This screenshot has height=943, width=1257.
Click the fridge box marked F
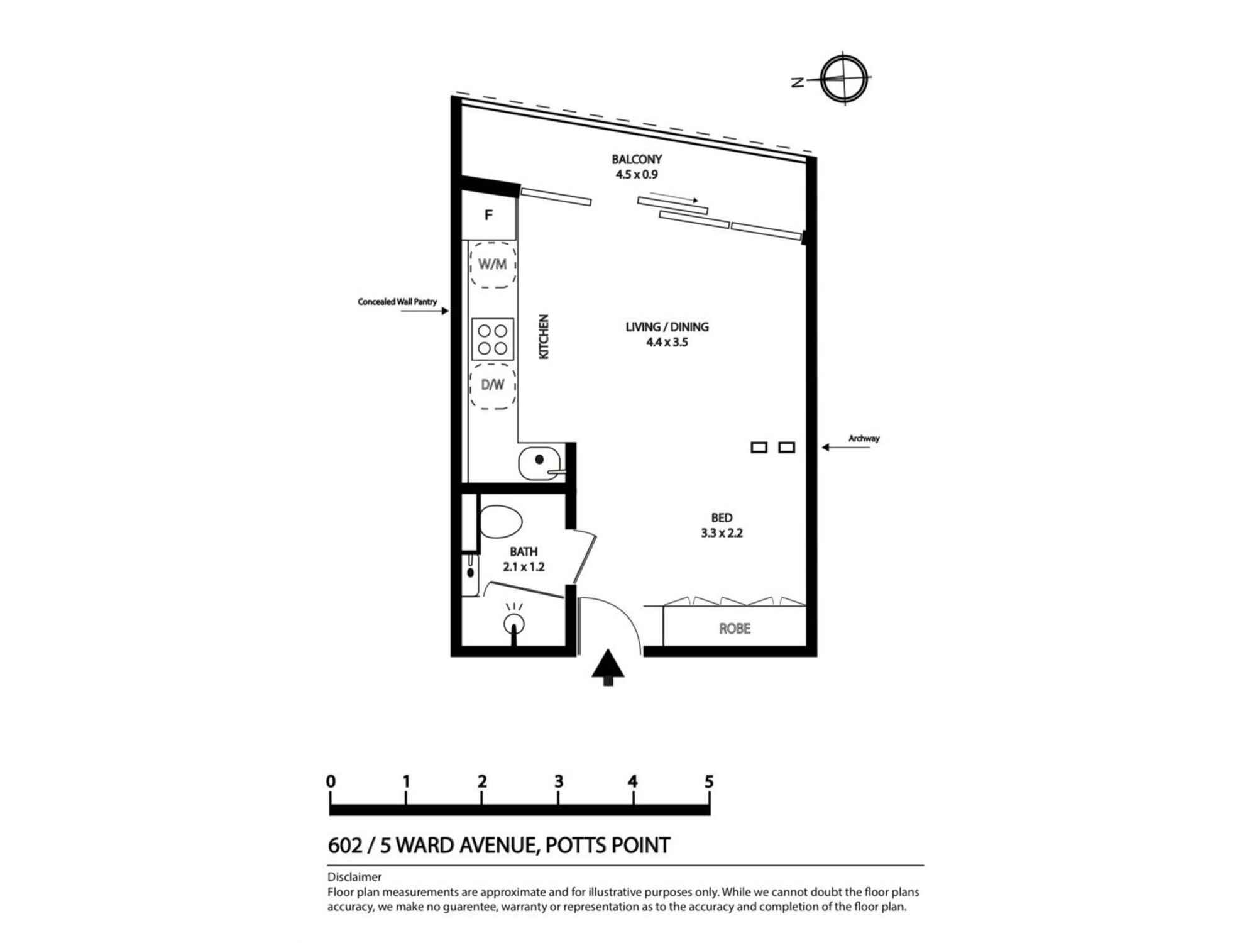coord(489,216)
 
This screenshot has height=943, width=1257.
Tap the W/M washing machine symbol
coord(493,265)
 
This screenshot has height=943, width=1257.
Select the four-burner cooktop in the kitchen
coord(493,339)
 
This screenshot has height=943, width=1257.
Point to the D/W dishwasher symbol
coord(493,385)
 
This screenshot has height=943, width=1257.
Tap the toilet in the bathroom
coord(501,522)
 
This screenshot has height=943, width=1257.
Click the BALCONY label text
coord(637,160)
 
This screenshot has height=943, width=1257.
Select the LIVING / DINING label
coord(667,327)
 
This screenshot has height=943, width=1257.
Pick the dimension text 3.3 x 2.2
coord(722,533)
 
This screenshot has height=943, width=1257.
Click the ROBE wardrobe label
coord(734,629)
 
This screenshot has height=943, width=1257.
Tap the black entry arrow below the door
coord(608,668)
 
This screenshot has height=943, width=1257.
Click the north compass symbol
coord(844,79)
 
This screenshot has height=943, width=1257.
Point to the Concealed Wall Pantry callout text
coord(397,302)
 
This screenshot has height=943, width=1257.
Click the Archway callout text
coord(864,438)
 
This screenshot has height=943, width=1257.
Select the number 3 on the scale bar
coord(558,781)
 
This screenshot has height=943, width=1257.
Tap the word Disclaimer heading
coord(354,877)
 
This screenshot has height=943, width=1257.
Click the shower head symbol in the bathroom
coord(514,623)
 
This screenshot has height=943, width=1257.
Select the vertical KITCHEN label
coord(544,337)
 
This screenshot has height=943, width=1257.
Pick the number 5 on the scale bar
coord(709,781)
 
